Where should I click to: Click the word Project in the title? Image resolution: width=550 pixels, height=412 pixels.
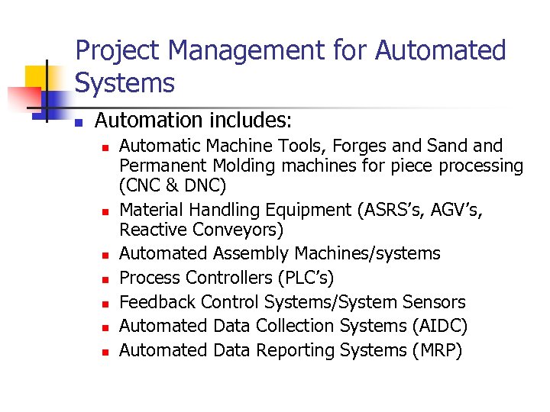click(x=118, y=51)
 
